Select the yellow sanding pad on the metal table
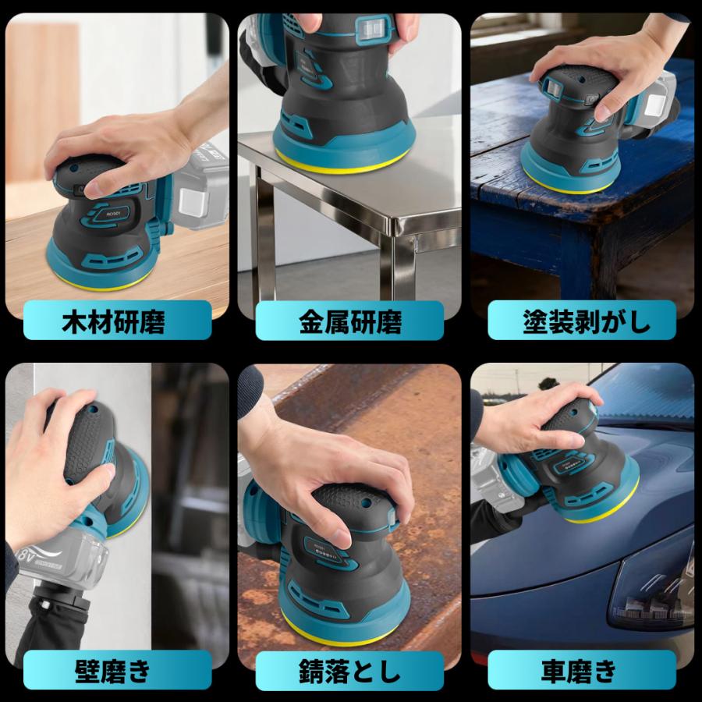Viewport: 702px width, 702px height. pyautogui.click(x=343, y=159)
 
